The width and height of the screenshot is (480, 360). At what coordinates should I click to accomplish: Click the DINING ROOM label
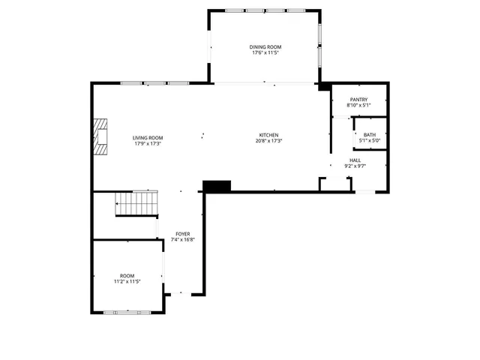tap(266, 47)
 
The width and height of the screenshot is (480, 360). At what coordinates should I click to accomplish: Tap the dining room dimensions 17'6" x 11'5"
tap(266, 53)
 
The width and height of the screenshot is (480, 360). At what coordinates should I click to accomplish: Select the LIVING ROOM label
tap(148, 138)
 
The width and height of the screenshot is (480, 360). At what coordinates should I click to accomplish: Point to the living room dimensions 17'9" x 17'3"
tap(148, 144)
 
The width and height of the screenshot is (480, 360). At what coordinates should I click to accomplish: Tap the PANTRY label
tap(358, 100)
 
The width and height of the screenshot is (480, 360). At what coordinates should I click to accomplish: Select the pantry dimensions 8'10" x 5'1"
tap(358, 106)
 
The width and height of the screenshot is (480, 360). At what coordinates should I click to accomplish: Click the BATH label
tap(370, 135)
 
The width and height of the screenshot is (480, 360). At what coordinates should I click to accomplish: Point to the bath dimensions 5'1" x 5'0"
tap(370, 141)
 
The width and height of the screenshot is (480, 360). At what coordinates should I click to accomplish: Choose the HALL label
tap(355, 160)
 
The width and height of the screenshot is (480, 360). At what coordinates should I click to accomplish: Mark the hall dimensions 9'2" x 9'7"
tap(355, 166)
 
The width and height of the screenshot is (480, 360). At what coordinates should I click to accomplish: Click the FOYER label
tap(182, 234)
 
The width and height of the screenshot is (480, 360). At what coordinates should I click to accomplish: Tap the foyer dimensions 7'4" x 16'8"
tap(182, 240)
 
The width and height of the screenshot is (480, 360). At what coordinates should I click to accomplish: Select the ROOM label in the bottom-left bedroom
tap(127, 276)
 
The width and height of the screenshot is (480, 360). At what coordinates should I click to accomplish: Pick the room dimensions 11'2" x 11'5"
tap(127, 282)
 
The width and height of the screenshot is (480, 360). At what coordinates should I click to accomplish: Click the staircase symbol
tap(136, 204)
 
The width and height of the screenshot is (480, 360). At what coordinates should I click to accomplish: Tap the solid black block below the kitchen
tap(217, 185)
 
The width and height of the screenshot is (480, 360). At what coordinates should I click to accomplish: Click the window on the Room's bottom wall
tap(127, 311)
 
